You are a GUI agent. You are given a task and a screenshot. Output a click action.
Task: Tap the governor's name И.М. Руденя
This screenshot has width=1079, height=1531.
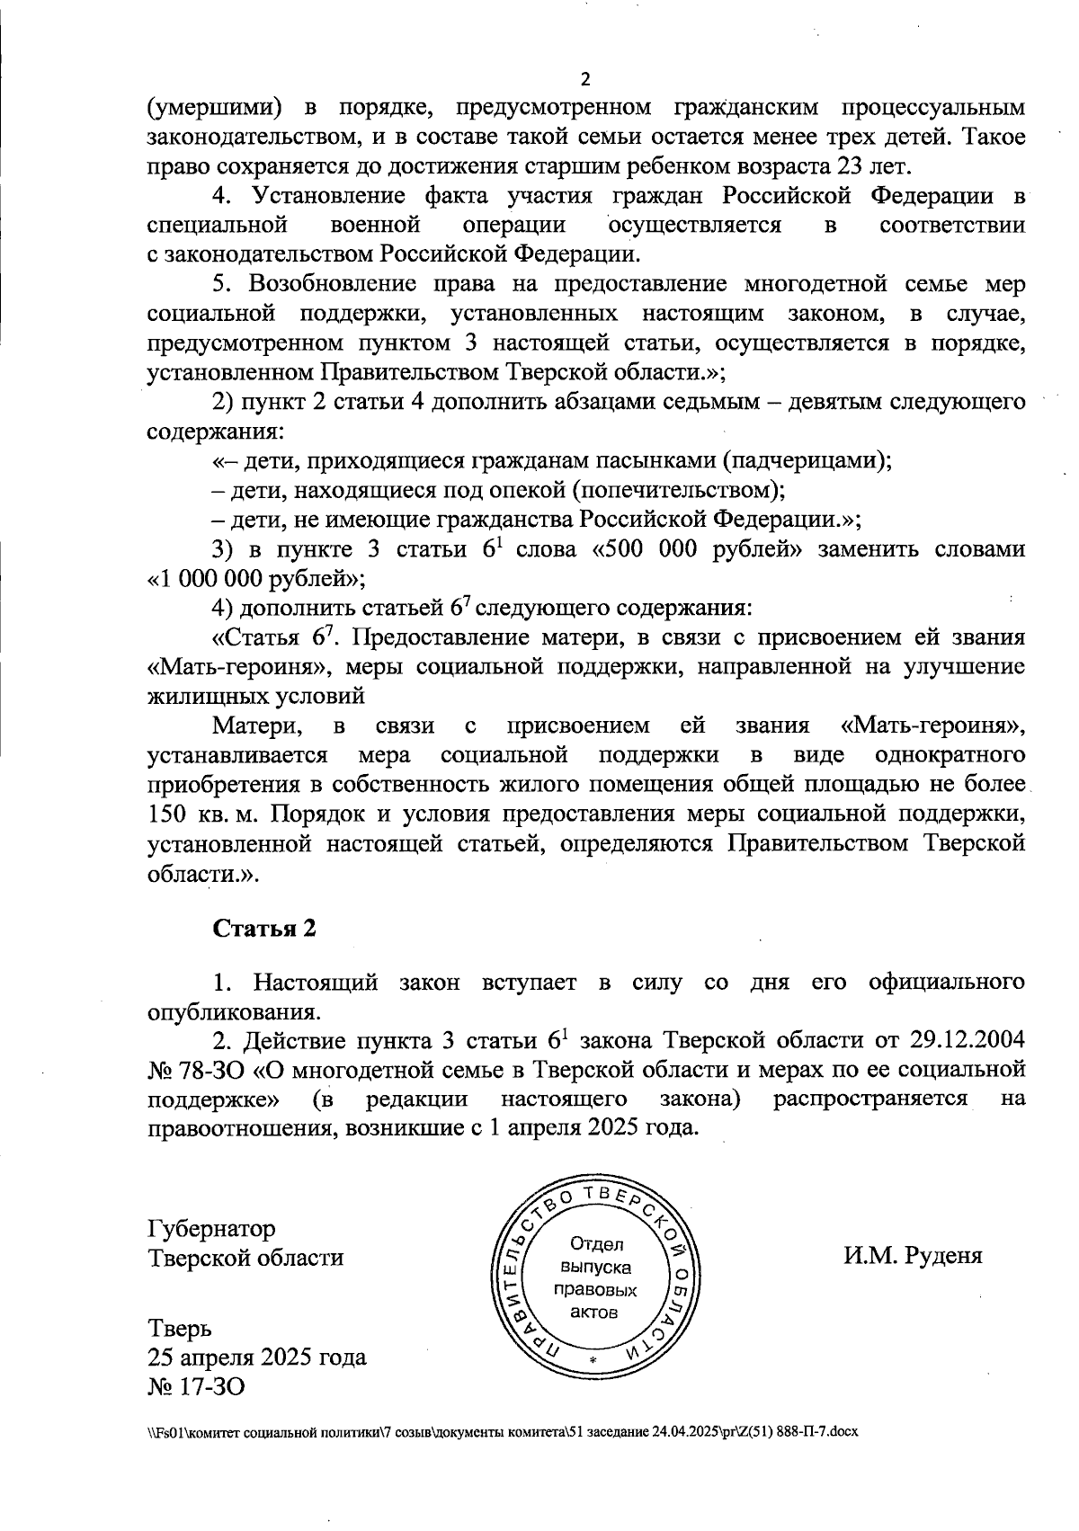(913, 1256)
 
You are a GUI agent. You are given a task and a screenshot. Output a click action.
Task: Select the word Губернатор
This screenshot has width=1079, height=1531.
(211, 1228)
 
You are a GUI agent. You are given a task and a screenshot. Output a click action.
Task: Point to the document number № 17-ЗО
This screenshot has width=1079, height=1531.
(195, 1386)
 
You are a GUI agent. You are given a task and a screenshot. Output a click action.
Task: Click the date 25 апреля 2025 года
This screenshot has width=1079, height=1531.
(256, 1357)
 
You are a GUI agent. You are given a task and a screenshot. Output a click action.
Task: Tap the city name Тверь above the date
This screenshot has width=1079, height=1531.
(180, 1327)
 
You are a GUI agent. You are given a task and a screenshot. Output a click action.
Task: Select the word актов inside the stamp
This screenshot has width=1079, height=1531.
(594, 1312)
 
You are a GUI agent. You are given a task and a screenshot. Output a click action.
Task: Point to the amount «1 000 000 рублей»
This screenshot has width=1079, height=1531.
(255, 578)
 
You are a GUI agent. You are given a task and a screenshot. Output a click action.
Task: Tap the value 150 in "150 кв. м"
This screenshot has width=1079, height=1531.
(165, 814)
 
